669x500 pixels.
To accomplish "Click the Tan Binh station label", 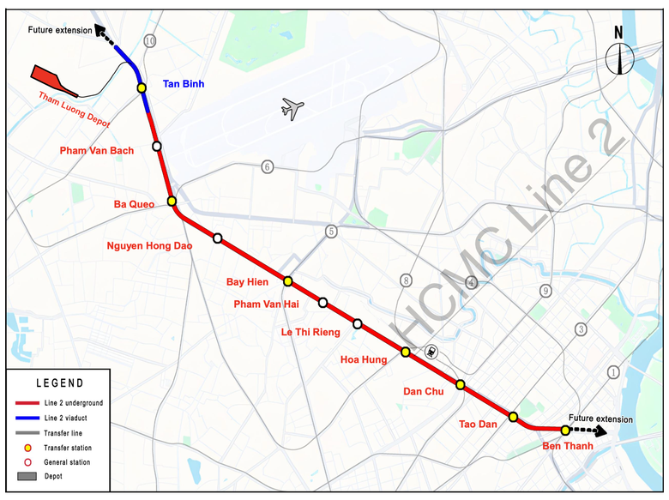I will tap(184, 84).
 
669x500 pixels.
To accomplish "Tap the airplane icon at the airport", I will tap(292, 108).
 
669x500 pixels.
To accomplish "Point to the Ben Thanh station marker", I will tap(565, 430).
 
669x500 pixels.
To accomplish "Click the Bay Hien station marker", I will tap(288, 280).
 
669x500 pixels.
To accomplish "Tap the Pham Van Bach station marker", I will tap(157, 147).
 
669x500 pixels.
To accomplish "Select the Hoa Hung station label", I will tap(364, 360).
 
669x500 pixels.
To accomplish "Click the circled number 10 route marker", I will tap(150, 41).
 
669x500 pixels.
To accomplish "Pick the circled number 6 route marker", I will tap(267, 166).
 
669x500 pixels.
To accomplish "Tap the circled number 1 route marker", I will tap(612, 371).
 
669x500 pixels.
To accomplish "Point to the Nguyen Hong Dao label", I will tap(149, 245).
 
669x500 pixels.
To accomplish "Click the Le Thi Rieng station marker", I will tap(358, 323).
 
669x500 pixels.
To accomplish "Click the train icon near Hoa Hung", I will tap(431, 350).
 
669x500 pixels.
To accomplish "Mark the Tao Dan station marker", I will tap(513, 417).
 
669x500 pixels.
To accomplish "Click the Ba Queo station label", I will tap(135, 204).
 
